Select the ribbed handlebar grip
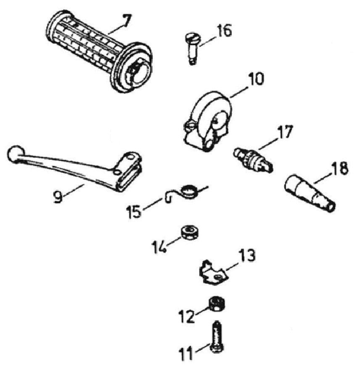pyautogui.click(x=99, y=51)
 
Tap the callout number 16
pyautogui.click(x=224, y=30)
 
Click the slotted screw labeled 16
pyautogui.click(x=192, y=49)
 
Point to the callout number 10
pyautogui.click(x=256, y=79)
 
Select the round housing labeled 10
pyautogui.click(x=208, y=121)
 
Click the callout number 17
pyautogui.click(x=285, y=132)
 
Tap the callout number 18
pyautogui.click(x=339, y=168)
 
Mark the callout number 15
pyautogui.click(x=134, y=211)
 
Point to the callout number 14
pyautogui.click(x=159, y=247)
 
